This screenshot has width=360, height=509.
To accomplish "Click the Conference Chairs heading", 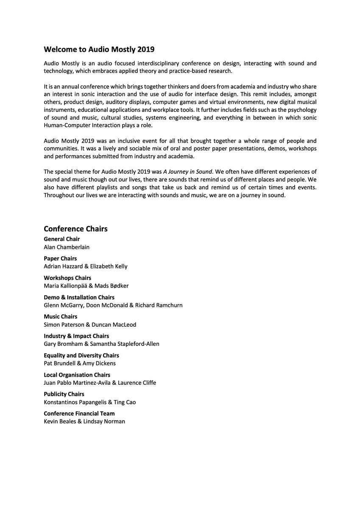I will tap(75, 229).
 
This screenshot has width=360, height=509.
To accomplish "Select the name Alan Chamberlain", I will tap(67, 247).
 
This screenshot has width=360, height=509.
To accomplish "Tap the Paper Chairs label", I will tap(60, 258).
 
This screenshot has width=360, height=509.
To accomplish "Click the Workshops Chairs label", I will tap(67, 278).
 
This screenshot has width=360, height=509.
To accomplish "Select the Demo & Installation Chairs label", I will tap(79, 297).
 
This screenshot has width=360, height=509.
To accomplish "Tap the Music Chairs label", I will tap(60, 316).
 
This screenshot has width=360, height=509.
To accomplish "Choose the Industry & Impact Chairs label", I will tap(76, 336).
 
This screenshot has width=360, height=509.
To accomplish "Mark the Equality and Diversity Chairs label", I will tap(81, 355).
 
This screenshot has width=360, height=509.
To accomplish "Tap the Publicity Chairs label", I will tap(64, 394).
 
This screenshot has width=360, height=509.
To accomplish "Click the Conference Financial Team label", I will tap(79, 414).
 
